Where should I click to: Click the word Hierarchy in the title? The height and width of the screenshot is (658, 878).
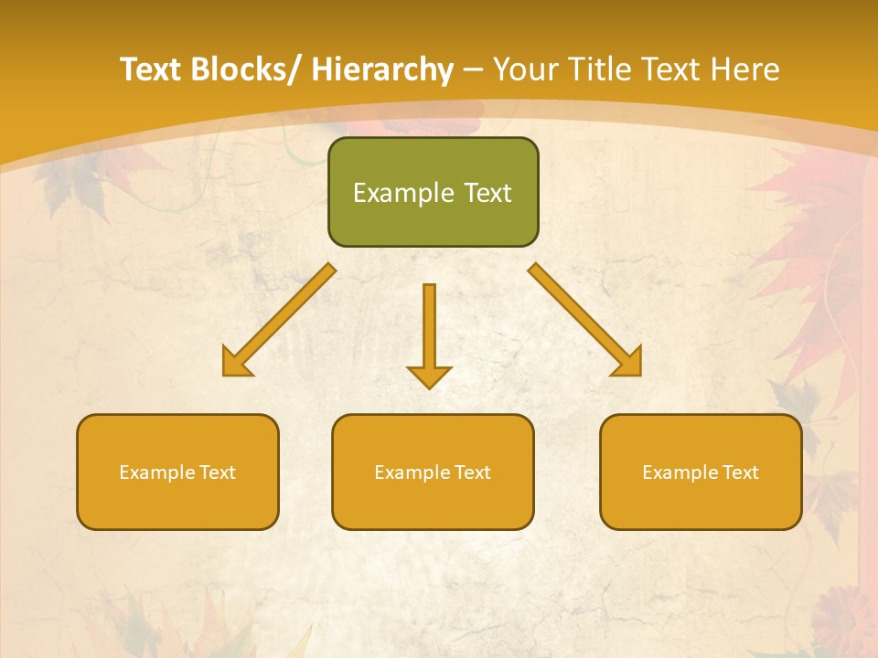(382, 69)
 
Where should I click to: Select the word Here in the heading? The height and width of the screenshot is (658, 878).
(742, 69)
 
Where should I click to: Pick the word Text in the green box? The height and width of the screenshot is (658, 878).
(487, 193)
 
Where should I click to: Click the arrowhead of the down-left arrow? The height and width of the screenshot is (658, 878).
(235, 364)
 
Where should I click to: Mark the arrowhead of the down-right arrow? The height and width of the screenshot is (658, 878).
(629, 364)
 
